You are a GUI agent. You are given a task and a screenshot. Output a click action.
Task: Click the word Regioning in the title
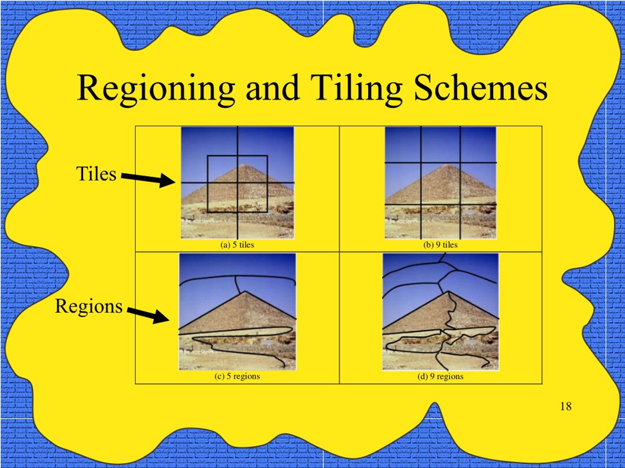[x=156, y=90]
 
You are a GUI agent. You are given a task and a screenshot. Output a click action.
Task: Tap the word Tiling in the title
[x=356, y=90]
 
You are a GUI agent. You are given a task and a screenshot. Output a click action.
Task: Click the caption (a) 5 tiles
[x=237, y=245]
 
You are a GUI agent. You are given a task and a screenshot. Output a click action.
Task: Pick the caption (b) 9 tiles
[x=440, y=245]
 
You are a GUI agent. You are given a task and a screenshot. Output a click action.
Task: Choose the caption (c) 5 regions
[x=237, y=376]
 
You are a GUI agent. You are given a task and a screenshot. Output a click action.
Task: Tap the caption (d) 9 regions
[x=440, y=376]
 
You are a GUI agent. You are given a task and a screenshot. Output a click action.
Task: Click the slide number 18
[x=566, y=407]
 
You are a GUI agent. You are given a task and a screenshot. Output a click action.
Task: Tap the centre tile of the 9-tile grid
[x=440, y=183]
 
